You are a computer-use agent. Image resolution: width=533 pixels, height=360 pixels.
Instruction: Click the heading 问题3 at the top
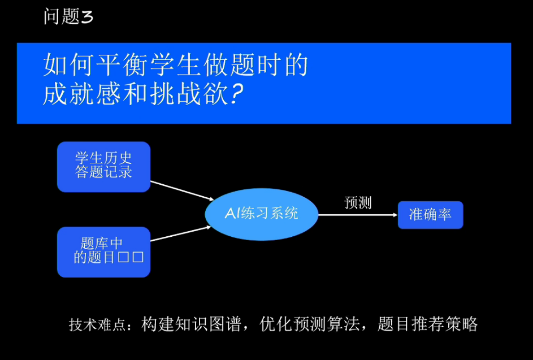(x=68, y=17)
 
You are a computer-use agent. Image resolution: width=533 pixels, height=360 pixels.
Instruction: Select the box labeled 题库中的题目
(x=103, y=251)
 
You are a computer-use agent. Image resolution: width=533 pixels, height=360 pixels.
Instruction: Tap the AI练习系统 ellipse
(x=261, y=214)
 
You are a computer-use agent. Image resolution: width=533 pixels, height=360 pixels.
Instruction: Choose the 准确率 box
(x=430, y=215)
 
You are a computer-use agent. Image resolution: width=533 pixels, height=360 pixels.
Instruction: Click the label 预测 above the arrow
(x=358, y=203)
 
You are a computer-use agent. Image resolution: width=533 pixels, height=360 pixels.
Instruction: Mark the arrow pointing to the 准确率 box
(x=357, y=215)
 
